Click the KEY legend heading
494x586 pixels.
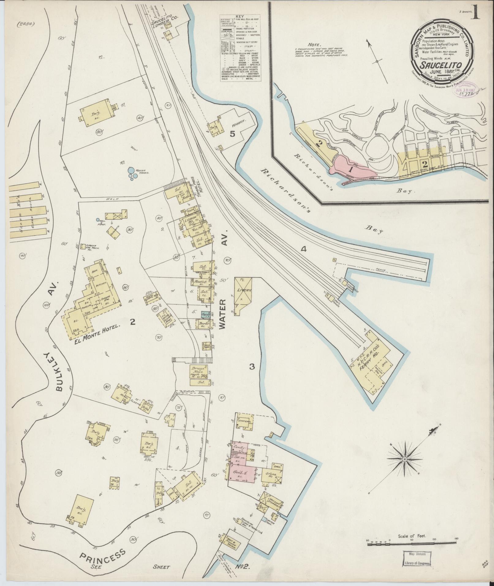tap(244, 17)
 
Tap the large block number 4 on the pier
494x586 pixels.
tap(303, 249)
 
